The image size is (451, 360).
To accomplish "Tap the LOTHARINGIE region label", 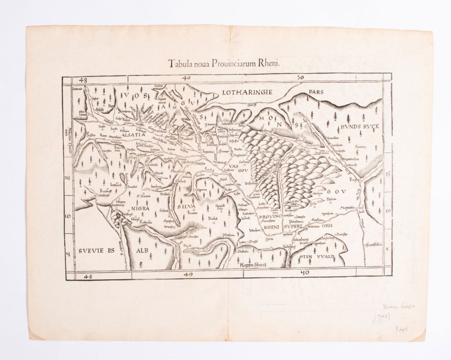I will [x=247, y=92].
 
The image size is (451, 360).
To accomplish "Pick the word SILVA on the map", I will [x=186, y=207].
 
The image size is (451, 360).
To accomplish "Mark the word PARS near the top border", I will [x=315, y=92].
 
